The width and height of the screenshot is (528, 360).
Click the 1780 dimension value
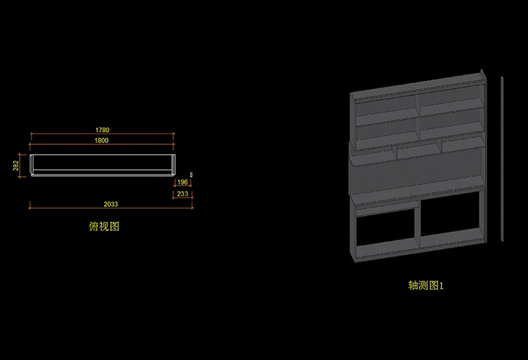[102, 129]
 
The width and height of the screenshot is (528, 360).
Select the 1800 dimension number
[102, 140]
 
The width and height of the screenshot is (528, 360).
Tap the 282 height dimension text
[16, 166]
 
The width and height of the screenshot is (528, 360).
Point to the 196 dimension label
[183, 183]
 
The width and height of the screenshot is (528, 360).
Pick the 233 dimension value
[183, 194]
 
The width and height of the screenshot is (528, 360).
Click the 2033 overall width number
[111, 205]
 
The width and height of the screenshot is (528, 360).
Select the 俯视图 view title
[104, 226]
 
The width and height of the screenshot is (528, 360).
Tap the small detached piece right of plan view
[192, 174]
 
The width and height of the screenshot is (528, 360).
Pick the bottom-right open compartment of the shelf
[450, 223]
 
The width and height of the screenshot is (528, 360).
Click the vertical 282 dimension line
[23, 166]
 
